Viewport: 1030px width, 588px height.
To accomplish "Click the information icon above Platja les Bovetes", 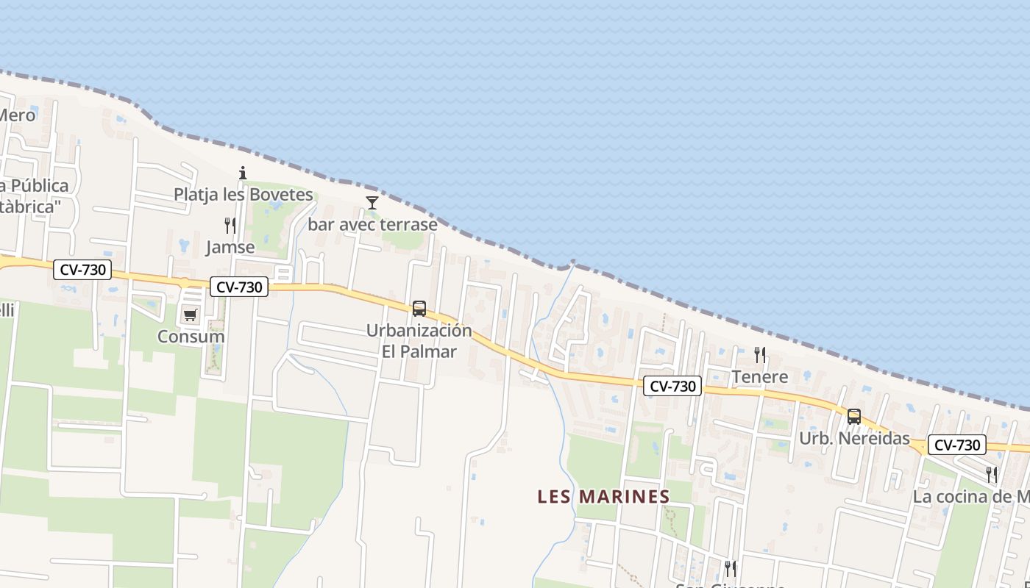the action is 243,173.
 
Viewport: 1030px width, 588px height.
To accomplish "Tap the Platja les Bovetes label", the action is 244,195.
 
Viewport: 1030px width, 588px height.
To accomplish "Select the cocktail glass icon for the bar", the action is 372,202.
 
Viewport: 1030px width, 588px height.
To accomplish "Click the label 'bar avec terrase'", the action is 372,224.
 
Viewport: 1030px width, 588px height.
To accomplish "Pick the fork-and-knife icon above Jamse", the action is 230,225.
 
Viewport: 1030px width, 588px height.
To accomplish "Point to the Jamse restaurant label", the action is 230,247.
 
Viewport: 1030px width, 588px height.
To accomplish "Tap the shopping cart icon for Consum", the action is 190,315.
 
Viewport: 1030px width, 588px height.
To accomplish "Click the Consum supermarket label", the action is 191,337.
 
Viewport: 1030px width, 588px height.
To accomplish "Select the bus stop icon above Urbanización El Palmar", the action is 419,309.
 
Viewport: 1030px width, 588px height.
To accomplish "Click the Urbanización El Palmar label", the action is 419,340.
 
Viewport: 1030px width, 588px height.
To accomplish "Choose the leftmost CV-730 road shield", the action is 82,270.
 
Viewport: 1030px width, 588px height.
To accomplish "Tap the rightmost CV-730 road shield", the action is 956,445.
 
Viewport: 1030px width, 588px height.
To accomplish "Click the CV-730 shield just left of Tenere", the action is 672,386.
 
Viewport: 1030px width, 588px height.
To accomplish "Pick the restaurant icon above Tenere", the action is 760,355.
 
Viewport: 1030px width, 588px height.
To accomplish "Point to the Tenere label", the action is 760,377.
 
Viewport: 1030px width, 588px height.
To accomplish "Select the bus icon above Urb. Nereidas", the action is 854,416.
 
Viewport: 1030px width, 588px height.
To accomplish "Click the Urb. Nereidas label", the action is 855,439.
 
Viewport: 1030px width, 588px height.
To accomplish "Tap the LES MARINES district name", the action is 604,496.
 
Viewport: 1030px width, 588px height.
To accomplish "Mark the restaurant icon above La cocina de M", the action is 992,474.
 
